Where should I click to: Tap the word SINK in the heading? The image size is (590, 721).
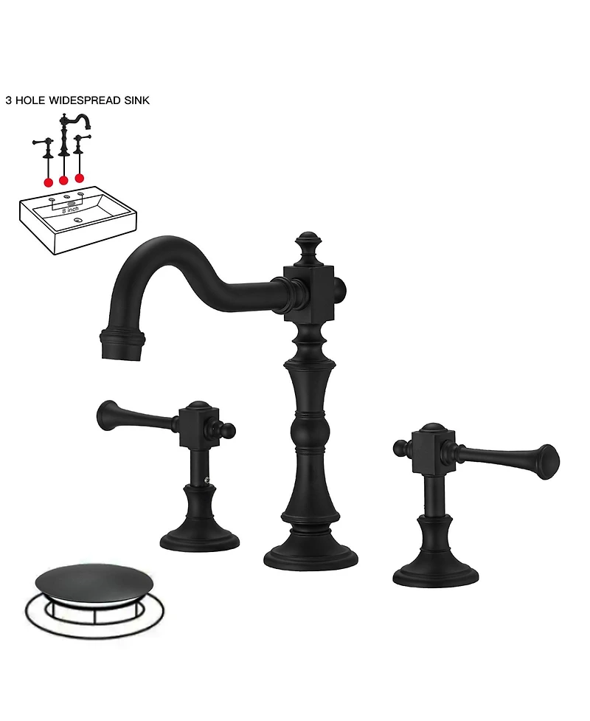(135, 100)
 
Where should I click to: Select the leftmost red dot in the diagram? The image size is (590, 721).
(48, 181)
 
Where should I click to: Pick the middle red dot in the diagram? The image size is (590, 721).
(63, 179)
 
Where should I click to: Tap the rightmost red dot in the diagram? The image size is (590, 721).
(80, 177)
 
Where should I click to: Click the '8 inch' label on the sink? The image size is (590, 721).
(71, 210)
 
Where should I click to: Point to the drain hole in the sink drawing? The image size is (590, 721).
(78, 220)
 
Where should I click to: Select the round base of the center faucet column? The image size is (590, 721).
(310, 555)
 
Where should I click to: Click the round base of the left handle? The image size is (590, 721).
(200, 538)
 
